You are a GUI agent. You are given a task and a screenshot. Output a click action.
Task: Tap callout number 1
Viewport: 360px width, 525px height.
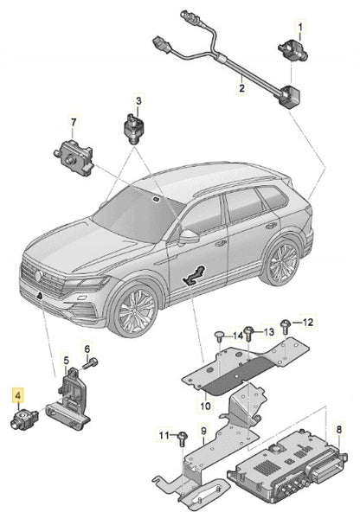point(300,27)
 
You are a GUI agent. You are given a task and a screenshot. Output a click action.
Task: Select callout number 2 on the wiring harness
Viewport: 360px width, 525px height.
point(241,88)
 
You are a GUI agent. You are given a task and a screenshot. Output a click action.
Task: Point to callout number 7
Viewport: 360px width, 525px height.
point(74,123)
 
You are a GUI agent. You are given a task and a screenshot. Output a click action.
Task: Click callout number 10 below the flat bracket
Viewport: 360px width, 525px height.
point(205,406)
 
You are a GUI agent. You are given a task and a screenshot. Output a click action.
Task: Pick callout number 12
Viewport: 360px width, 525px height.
point(307,322)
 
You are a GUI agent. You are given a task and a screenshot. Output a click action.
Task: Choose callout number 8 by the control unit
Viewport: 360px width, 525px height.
point(339,429)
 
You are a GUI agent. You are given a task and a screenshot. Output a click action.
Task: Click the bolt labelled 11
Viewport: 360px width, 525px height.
point(183,439)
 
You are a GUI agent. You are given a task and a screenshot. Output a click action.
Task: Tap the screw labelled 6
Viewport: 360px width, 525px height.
point(92,362)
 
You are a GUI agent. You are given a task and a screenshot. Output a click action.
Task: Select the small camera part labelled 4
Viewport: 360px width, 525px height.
point(24,419)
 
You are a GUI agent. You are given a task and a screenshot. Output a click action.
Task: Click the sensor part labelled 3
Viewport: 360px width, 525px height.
point(133,129)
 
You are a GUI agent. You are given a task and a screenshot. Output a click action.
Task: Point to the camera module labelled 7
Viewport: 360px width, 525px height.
point(74,157)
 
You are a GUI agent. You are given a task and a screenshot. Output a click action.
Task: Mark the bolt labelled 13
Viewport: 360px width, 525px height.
point(249,334)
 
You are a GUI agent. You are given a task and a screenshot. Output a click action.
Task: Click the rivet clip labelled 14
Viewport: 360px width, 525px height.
point(219,336)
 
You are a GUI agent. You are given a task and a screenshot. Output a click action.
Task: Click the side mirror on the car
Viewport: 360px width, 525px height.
point(189,236)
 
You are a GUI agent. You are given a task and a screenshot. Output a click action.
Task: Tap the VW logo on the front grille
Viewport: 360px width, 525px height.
point(38,276)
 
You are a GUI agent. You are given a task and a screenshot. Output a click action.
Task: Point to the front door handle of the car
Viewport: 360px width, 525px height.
point(221,243)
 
